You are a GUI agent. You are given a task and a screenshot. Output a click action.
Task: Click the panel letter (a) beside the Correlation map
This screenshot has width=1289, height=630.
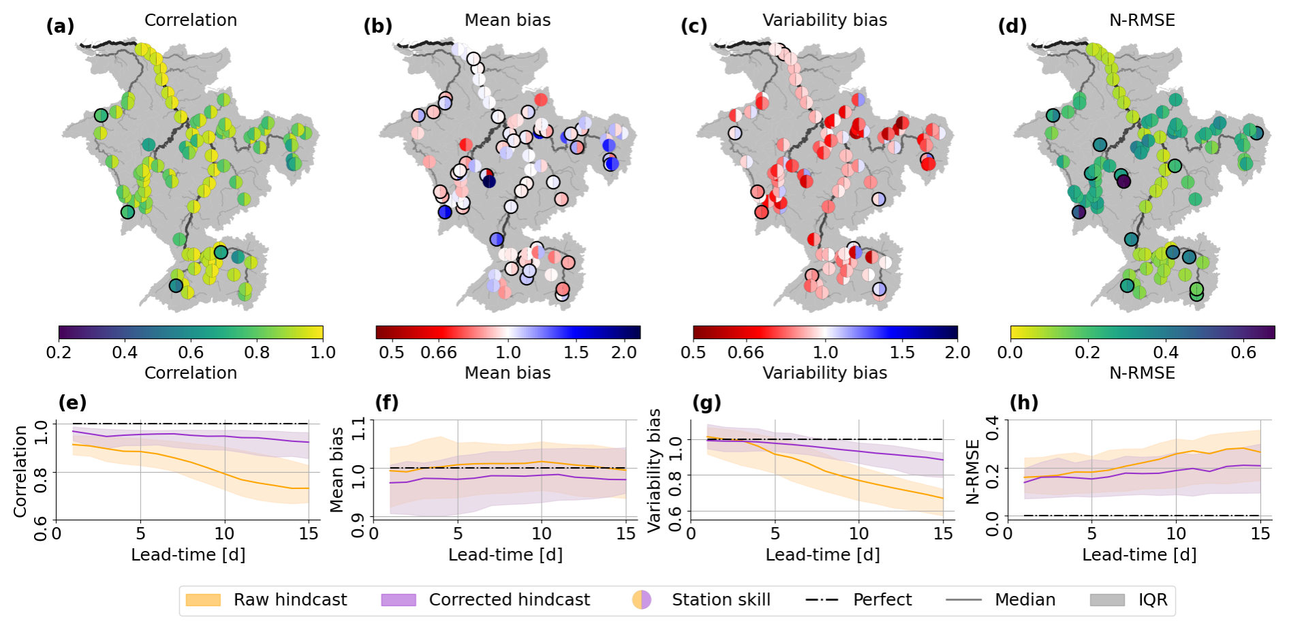pyautogui.click(x=60, y=27)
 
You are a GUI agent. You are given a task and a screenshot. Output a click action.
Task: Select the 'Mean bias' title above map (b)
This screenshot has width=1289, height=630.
pyautogui.click(x=508, y=20)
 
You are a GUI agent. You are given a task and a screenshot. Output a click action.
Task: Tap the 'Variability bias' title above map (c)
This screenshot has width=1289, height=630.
pyautogui.click(x=824, y=20)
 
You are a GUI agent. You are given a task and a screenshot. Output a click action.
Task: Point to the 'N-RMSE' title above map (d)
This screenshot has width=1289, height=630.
pyautogui.click(x=1142, y=20)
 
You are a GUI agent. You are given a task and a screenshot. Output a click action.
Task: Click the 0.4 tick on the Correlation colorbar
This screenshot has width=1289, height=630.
pyautogui.click(x=125, y=352)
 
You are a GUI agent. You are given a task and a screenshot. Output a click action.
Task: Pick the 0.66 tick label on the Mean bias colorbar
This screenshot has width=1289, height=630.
pyautogui.click(x=439, y=352)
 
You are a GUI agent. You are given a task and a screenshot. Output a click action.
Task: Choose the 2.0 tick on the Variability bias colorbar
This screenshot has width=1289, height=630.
pyautogui.click(x=957, y=352)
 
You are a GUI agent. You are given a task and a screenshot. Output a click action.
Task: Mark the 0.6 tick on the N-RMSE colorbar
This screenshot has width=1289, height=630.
pyautogui.click(x=1243, y=352)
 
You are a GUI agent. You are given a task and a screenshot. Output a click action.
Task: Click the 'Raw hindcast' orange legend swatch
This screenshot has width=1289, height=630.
pyautogui.click(x=203, y=599)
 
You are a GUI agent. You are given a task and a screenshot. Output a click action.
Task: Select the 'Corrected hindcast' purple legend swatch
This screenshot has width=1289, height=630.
pyautogui.click(x=399, y=599)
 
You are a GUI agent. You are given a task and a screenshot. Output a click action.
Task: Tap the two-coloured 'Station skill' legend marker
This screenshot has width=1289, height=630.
pyautogui.click(x=642, y=599)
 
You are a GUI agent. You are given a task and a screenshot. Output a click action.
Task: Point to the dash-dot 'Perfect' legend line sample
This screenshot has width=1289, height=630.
pyautogui.click(x=822, y=599)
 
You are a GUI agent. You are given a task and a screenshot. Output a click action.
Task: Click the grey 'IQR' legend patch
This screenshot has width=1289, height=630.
pyautogui.click(x=1107, y=599)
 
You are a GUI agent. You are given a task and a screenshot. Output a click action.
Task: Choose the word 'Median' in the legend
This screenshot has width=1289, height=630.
pyautogui.click(x=1025, y=599)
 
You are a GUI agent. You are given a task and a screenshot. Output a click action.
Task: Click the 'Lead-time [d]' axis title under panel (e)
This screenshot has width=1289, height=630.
pyautogui.click(x=188, y=554)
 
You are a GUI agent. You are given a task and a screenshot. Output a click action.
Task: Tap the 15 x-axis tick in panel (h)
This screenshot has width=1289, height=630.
pyautogui.click(x=1260, y=533)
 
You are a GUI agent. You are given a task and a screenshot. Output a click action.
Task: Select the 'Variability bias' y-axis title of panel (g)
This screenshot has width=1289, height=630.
pyautogui.click(x=655, y=470)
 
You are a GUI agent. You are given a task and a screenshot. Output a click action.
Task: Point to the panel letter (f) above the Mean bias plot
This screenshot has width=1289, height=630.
pyautogui.click(x=386, y=403)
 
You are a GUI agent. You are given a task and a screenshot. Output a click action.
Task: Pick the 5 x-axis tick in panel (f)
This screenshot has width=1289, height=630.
pyautogui.click(x=458, y=533)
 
